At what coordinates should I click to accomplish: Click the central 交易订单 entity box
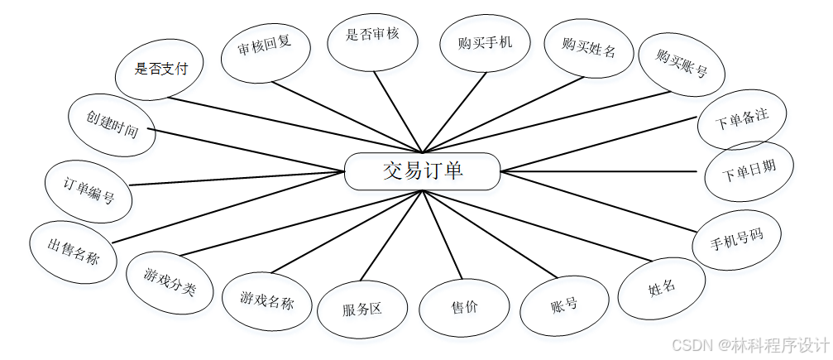422,171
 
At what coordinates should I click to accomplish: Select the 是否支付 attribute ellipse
162,69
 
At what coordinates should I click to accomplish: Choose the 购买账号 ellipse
682,64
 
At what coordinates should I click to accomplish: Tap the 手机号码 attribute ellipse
736,239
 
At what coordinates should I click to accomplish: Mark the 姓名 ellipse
662,287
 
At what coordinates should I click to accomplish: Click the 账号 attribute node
563,305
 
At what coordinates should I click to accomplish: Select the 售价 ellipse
463,308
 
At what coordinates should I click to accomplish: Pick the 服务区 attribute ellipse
362,310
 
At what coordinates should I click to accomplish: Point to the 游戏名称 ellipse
266,298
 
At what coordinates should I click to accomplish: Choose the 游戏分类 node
170,284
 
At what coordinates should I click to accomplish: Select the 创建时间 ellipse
112,127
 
